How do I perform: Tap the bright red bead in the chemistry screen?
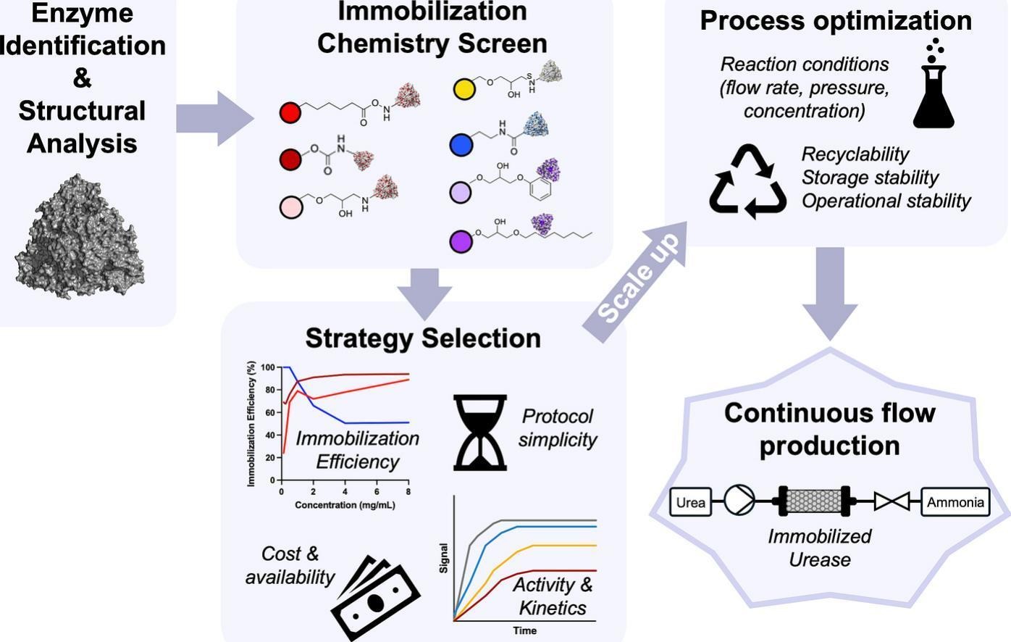[290, 112]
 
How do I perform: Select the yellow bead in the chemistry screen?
[463, 88]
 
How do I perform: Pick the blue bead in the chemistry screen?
[461, 145]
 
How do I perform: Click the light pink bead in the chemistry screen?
[291, 207]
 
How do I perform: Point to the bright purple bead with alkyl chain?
[461, 241]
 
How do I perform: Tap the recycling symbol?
[747, 182]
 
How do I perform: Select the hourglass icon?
[479, 433]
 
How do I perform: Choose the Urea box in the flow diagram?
[690, 501]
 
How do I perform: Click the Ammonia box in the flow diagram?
[955, 501]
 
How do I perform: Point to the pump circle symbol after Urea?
[739, 501]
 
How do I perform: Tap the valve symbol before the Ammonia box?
[892, 501]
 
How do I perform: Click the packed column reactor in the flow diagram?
[815, 501]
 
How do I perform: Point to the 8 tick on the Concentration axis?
[408, 492]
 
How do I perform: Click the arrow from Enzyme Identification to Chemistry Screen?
[213, 118]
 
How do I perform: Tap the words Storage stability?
[869, 178]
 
